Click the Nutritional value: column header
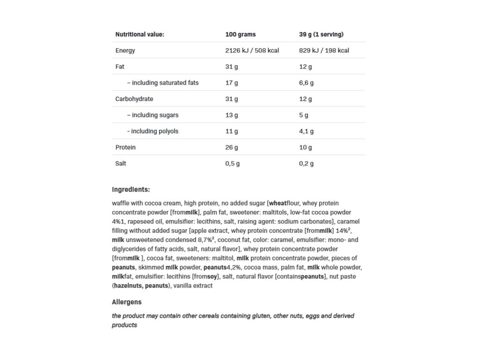click(140, 34)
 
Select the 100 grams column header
click(240, 34)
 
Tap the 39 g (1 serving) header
click(321, 34)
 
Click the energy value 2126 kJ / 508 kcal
click(252, 51)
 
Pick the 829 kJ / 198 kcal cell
click(324, 51)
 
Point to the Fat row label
click(120, 67)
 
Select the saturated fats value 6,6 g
click(306, 83)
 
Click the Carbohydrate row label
click(134, 99)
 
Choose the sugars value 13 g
click(232, 115)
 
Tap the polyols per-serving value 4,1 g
click(306, 131)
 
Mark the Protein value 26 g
click(232, 148)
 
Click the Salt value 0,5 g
click(232, 164)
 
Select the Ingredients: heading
click(131, 190)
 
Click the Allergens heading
click(127, 302)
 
